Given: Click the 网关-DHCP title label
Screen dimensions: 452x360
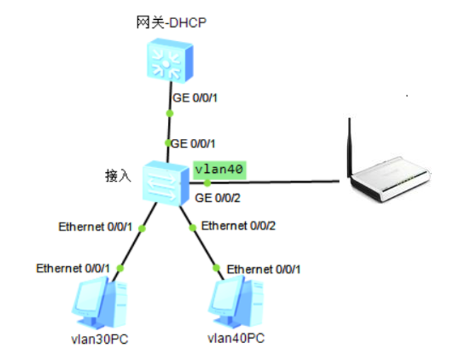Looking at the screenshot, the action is pyautogui.click(x=171, y=23).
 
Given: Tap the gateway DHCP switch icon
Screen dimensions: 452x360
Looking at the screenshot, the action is pyautogui.click(x=170, y=61).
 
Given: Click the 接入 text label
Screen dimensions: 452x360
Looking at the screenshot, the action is pyautogui.click(x=118, y=176).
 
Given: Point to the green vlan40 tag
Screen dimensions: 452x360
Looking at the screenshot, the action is pyautogui.click(x=220, y=170).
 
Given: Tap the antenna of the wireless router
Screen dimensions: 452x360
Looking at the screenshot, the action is pyautogui.click(x=350, y=147).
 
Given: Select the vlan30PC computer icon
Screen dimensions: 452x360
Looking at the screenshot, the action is pyautogui.click(x=99, y=303).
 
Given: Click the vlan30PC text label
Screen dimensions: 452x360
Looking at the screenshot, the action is pyautogui.click(x=99, y=339).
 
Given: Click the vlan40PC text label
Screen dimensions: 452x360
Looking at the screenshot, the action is pyautogui.click(x=236, y=338).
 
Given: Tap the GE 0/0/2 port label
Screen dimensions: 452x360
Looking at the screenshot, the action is pyautogui.click(x=217, y=198).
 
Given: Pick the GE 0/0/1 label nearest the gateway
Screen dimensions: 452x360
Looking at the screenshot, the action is pyautogui.click(x=195, y=98).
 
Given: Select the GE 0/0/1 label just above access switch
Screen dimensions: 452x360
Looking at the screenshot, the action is pyautogui.click(x=193, y=144).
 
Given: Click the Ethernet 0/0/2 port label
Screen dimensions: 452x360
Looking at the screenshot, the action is pyautogui.click(x=238, y=225).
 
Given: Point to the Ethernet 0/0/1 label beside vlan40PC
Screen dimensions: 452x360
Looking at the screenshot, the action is pyautogui.click(x=264, y=269).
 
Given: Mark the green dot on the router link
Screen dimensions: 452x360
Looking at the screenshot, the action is pyautogui.click(x=208, y=183).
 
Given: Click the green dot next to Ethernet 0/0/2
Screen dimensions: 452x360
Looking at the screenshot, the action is pyautogui.click(x=193, y=227).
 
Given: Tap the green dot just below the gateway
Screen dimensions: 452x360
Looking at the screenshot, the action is pyautogui.click(x=170, y=113).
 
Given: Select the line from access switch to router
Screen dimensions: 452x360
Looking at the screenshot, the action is pyautogui.click(x=264, y=182).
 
